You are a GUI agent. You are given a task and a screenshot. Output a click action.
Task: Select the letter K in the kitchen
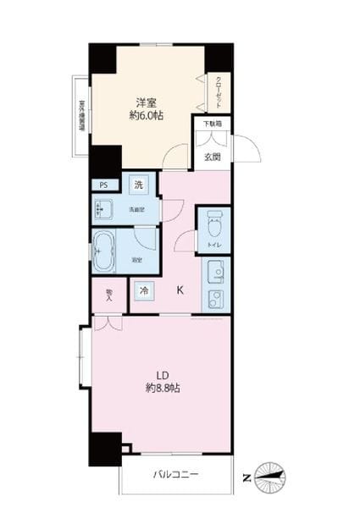click(180, 290)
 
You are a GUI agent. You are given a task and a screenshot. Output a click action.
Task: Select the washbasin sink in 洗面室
click(107, 209)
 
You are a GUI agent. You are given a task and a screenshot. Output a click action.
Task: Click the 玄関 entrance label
click(212, 156)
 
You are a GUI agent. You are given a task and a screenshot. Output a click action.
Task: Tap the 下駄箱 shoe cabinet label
click(212, 124)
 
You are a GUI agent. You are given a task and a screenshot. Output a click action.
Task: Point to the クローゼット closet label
click(219, 90)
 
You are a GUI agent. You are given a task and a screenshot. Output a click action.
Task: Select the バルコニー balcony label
click(175, 476)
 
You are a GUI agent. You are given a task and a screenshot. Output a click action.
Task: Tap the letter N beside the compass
click(247, 478)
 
